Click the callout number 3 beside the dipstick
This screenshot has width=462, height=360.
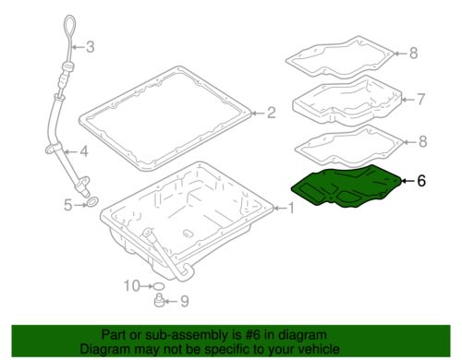[90, 47]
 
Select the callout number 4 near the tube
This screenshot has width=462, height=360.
[84, 151]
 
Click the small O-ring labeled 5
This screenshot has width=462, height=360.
[91, 202]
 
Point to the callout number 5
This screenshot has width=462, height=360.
[67, 205]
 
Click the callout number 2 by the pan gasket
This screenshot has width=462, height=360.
[271, 113]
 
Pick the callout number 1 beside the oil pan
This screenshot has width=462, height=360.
[291, 209]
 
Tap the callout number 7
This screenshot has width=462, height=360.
[420, 100]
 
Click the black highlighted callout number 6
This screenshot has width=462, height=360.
[421, 181]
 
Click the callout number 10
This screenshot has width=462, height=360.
[132, 286]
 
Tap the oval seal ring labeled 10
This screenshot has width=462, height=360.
[159, 286]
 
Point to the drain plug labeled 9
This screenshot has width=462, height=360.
[158, 301]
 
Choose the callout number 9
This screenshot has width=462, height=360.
[184, 301]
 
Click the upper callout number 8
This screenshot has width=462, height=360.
[413, 54]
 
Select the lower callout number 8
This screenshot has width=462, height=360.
[423, 141]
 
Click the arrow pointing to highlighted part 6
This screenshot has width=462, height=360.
[407, 181]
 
